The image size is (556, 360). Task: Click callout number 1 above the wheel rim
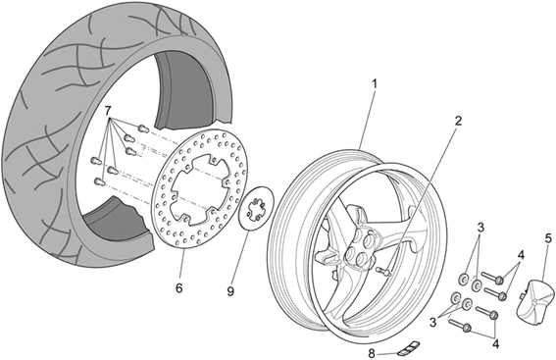coord(374,85)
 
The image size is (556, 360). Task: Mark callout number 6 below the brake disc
coord(178,289)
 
